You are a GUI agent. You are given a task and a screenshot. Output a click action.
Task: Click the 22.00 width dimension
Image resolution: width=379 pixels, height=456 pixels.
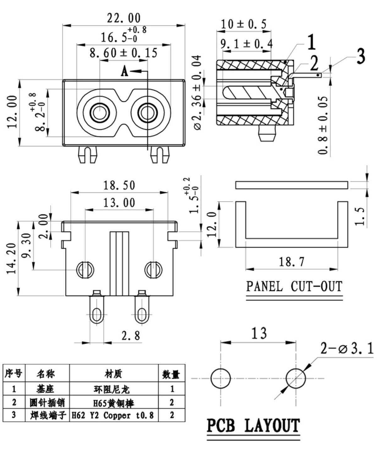[x=124, y=18]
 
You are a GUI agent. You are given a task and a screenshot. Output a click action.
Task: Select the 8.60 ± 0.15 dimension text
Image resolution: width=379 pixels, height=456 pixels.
[x=124, y=53]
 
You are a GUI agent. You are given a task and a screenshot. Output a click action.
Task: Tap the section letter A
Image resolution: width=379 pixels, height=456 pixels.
[x=125, y=72]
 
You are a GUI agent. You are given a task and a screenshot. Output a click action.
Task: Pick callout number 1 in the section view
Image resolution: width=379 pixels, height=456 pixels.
[x=311, y=43]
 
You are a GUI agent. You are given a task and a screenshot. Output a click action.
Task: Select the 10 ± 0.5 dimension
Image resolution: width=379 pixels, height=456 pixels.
[x=243, y=24]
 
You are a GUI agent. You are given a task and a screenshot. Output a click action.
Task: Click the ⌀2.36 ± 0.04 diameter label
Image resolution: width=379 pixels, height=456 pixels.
[x=197, y=92]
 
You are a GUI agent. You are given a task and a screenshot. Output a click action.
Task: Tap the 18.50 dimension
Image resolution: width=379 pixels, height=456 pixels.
[x=119, y=185]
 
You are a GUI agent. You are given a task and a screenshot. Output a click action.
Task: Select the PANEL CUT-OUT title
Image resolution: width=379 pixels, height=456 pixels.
[x=294, y=286]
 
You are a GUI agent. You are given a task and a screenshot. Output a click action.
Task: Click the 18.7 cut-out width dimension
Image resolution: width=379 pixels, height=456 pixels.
[x=292, y=261]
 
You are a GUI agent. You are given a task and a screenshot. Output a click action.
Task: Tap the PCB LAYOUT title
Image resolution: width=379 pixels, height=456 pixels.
[x=253, y=426]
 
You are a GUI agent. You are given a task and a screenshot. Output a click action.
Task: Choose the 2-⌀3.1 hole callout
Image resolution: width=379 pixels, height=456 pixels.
[x=347, y=349]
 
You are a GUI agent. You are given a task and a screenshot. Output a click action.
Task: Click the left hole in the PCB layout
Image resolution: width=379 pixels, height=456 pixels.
[x=220, y=378]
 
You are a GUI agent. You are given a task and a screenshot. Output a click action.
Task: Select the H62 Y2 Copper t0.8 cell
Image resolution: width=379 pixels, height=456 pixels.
[x=113, y=415]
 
